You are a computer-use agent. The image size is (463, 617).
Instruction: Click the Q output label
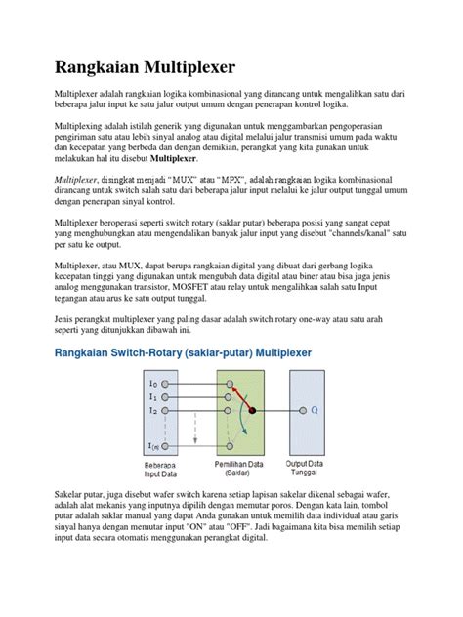(x=315, y=411)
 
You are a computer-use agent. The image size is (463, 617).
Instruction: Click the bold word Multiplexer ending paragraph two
(x=168, y=157)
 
